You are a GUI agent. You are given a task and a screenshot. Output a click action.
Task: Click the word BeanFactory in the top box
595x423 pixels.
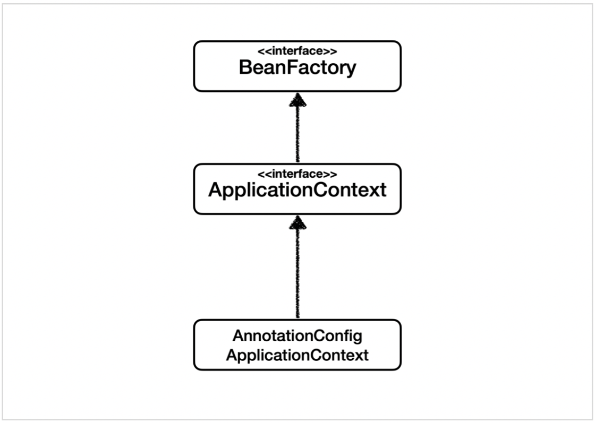pos(297,69)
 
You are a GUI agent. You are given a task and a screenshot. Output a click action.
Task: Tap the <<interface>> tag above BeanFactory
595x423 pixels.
pos(297,52)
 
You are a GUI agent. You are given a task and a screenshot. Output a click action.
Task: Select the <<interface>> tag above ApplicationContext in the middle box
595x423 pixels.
pos(297,174)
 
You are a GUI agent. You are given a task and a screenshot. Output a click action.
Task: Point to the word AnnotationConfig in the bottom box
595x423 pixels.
pos(297,336)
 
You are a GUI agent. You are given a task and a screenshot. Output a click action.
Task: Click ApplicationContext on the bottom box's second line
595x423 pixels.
pos(297,355)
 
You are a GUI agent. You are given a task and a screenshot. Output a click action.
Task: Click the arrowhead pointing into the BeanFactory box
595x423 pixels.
pos(297,99)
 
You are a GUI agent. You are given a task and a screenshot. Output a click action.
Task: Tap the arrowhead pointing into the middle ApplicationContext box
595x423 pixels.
pos(297,222)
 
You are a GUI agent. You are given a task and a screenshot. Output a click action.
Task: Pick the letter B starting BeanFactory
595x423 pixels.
pos(244,69)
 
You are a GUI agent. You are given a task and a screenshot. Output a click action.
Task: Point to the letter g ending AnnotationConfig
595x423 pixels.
pos(357,338)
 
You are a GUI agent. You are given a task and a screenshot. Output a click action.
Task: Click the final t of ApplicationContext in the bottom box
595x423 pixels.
pos(365,355)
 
